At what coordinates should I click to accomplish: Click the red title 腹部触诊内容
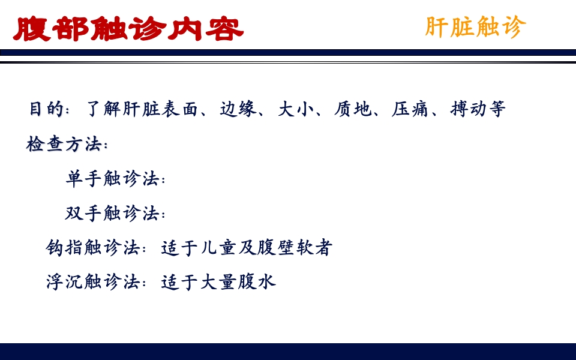[128, 28]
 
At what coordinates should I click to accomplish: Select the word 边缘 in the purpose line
[235, 109]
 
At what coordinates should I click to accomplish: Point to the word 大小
[292, 109]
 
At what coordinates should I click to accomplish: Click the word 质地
[349, 109]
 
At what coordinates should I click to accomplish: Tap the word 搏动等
[478, 109]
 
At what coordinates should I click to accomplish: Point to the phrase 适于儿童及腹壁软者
[247, 248]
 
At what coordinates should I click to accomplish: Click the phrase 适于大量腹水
[218, 282]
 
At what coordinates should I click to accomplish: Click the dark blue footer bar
[288, 352]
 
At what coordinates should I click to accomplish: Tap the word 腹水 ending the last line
[257, 282]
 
